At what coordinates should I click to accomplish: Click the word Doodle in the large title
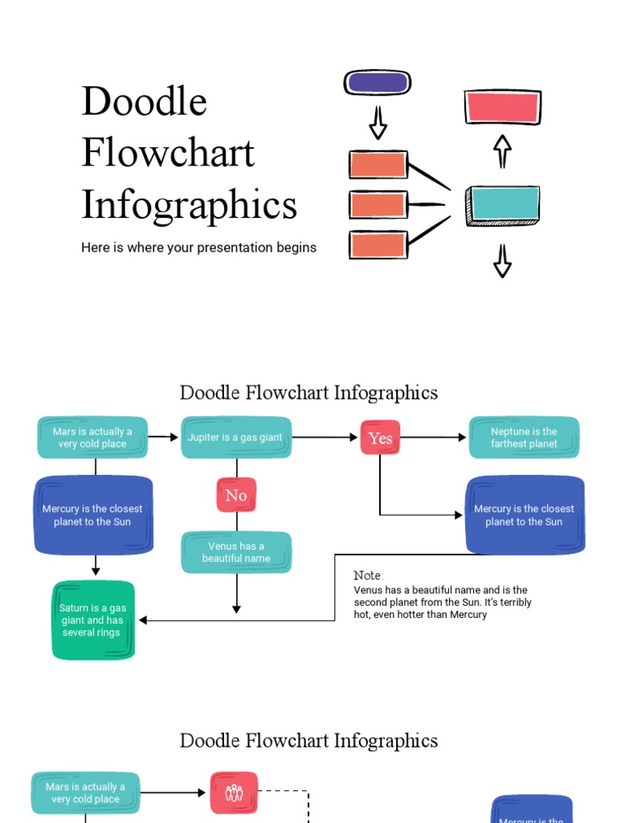(145, 102)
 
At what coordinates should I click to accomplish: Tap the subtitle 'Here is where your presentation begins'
(198, 248)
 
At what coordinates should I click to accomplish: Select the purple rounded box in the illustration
(378, 83)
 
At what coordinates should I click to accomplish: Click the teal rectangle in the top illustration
(504, 205)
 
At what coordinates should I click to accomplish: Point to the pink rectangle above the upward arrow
(503, 107)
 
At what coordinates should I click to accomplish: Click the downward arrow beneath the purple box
(378, 123)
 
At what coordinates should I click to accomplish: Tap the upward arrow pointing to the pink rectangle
(503, 150)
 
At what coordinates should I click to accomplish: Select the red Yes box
(380, 438)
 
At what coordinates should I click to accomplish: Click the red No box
(236, 495)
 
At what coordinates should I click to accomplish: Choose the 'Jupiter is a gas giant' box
(235, 437)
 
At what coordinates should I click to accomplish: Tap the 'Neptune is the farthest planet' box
(524, 437)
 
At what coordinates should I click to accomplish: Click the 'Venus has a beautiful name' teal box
(236, 552)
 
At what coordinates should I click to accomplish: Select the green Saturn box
(93, 620)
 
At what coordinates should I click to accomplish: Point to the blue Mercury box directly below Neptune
(525, 515)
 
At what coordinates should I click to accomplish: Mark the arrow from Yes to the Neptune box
(434, 437)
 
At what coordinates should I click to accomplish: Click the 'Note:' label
(369, 575)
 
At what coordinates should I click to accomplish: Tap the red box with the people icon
(235, 792)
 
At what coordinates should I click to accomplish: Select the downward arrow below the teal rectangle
(503, 261)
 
